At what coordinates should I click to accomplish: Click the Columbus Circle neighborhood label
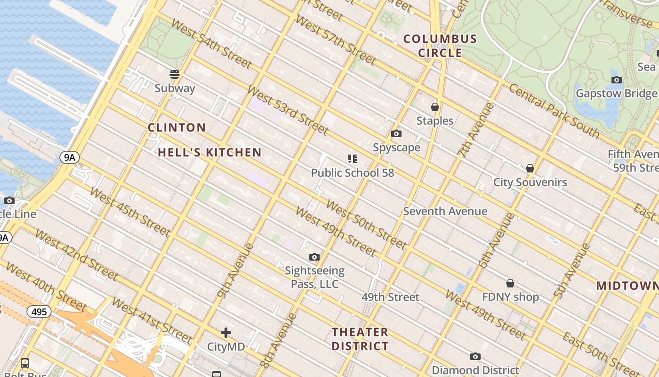click(x=440, y=46)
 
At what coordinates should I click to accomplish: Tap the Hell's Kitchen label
click(x=209, y=152)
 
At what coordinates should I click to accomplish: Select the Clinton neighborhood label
click(x=177, y=127)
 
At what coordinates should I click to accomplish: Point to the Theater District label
click(x=360, y=339)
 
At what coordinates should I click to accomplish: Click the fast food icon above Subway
click(x=175, y=74)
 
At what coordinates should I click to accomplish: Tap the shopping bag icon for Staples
click(x=435, y=107)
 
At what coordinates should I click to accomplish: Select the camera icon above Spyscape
click(x=396, y=134)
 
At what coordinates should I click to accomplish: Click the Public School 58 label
click(x=353, y=173)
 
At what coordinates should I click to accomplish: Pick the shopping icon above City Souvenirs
click(x=530, y=168)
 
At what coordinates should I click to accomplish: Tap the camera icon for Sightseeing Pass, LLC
click(x=314, y=257)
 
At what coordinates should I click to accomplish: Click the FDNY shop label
click(x=510, y=297)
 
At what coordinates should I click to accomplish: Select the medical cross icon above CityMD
click(x=226, y=333)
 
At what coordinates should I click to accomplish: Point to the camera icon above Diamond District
click(x=475, y=356)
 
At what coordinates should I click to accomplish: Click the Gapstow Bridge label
click(x=616, y=93)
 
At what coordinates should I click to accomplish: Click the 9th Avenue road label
click(x=236, y=270)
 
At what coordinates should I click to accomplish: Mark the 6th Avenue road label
click(x=497, y=240)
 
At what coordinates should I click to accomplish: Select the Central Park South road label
click(x=555, y=111)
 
